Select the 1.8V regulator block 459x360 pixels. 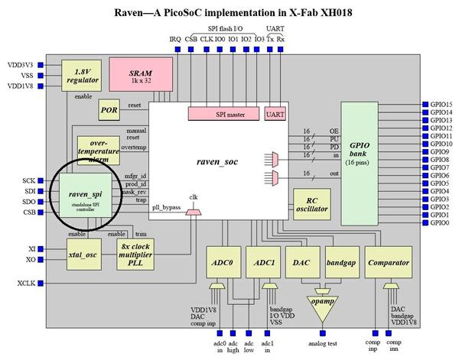pos(81,75)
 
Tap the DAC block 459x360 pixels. pos(301,262)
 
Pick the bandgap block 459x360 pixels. pos(340,262)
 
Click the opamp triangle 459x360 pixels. pos(320,303)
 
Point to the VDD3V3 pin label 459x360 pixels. pos(18,65)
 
